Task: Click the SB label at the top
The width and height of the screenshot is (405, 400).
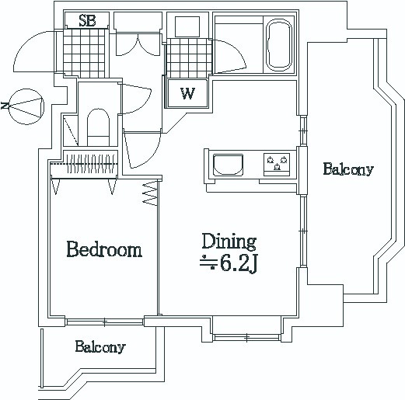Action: [x=87, y=21]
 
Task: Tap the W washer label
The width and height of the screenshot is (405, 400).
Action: [x=187, y=93]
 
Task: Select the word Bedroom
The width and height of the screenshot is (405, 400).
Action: [x=104, y=249]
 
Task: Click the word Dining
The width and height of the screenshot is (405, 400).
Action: [x=229, y=242]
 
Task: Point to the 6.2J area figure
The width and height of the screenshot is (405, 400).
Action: [x=239, y=264]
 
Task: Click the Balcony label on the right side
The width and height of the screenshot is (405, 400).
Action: [x=348, y=169]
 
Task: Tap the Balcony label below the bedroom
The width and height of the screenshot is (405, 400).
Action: [x=100, y=346]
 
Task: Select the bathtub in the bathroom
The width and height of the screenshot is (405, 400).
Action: [x=279, y=46]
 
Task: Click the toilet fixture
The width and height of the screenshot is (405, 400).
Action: [x=98, y=127]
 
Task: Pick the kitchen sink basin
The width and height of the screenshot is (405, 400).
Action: [x=228, y=165]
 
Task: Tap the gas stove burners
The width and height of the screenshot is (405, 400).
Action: [x=277, y=165]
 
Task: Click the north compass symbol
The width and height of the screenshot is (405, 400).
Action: [x=26, y=106]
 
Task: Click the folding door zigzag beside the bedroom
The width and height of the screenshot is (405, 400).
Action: [x=151, y=193]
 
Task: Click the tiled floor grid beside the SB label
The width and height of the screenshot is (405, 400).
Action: [x=84, y=53]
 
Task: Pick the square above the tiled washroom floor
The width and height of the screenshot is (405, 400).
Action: [x=187, y=26]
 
